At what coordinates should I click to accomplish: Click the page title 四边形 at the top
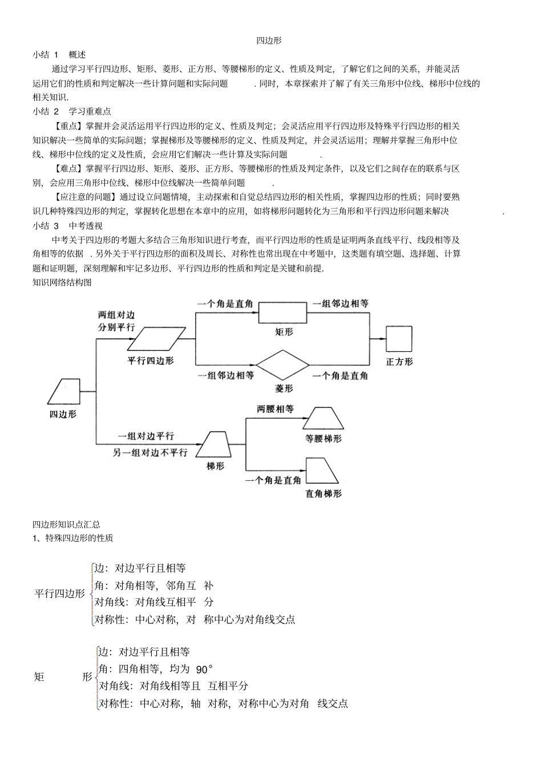tap(269, 40)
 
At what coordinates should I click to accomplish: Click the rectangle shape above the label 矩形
tap(283, 313)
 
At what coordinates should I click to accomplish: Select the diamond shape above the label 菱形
tap(282, 365)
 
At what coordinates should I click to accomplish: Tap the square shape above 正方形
tap(399, 339)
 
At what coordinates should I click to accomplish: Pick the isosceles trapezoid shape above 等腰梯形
tap(323, 418)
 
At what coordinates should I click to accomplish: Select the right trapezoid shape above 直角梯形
tap(322, 471)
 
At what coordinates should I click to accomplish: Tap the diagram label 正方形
tap(399, 362)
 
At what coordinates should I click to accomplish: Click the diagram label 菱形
tap(284, 388)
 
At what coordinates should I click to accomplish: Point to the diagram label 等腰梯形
tap(323, 439)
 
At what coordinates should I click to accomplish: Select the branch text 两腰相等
tap(276, 409)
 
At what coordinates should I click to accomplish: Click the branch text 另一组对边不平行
tap(150, 452)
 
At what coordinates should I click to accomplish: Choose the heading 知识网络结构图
tap(62, 282)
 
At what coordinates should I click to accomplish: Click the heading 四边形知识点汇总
tap(66, 525)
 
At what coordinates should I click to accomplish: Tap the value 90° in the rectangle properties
tap(204, 669)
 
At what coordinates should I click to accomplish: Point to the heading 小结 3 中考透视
tap(67, 226)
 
